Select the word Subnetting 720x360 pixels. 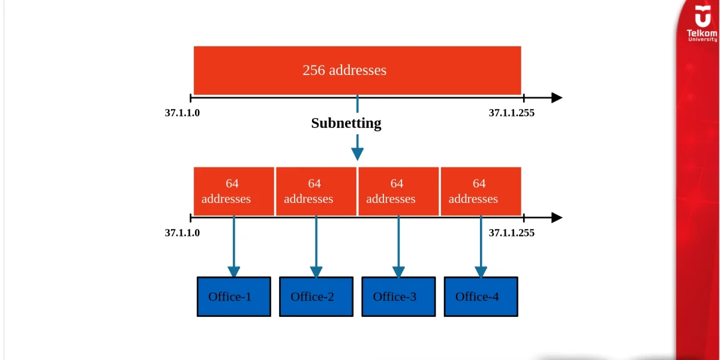(x=346, y=123)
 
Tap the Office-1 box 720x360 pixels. (x=234, y=296)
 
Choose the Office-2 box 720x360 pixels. (x=316, y=296)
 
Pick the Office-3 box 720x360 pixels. (x=398, y=296)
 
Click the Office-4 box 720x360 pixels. (x=481, y=296)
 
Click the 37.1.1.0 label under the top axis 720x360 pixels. (x=182, y=113)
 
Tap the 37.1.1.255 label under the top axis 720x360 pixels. (x=511, y=113)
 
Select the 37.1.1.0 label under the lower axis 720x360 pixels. (x=182, y=233)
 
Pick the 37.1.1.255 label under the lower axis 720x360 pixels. (x=511, y=233)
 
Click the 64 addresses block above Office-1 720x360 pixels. (x=234, y=191)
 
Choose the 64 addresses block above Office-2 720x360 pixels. (x=316, y=191)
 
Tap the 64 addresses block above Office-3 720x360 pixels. (x=398, y=191)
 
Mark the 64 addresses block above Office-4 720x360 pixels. (x=481, y=191)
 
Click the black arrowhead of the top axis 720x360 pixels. (x=557, y=98)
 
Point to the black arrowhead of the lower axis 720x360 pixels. (x=557, y=218)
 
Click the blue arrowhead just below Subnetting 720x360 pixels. (x=358, y=154)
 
